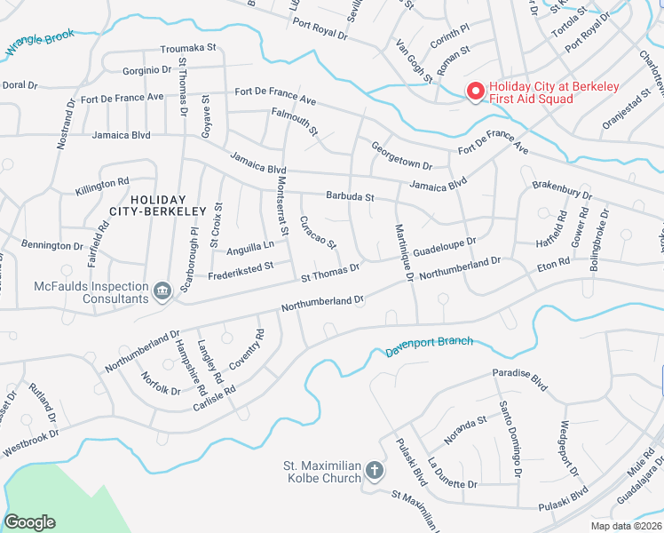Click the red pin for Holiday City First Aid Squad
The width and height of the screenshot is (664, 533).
tap(474, 91)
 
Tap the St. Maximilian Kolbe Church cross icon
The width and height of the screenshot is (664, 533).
tap(375, 470)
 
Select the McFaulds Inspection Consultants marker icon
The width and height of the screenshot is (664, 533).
tap(162, 291)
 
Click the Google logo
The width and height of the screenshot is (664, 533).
tap(29, 522)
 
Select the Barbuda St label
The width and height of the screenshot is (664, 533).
tap(351, 196)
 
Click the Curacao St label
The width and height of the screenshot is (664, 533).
tap(318, 232)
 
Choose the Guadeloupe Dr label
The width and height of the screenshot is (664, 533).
tap(445, 247)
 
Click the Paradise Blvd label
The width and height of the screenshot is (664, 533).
tap(522, 379)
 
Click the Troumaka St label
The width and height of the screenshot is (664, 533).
tap(188, 51)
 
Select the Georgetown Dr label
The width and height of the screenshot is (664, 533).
tap(401, 156)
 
